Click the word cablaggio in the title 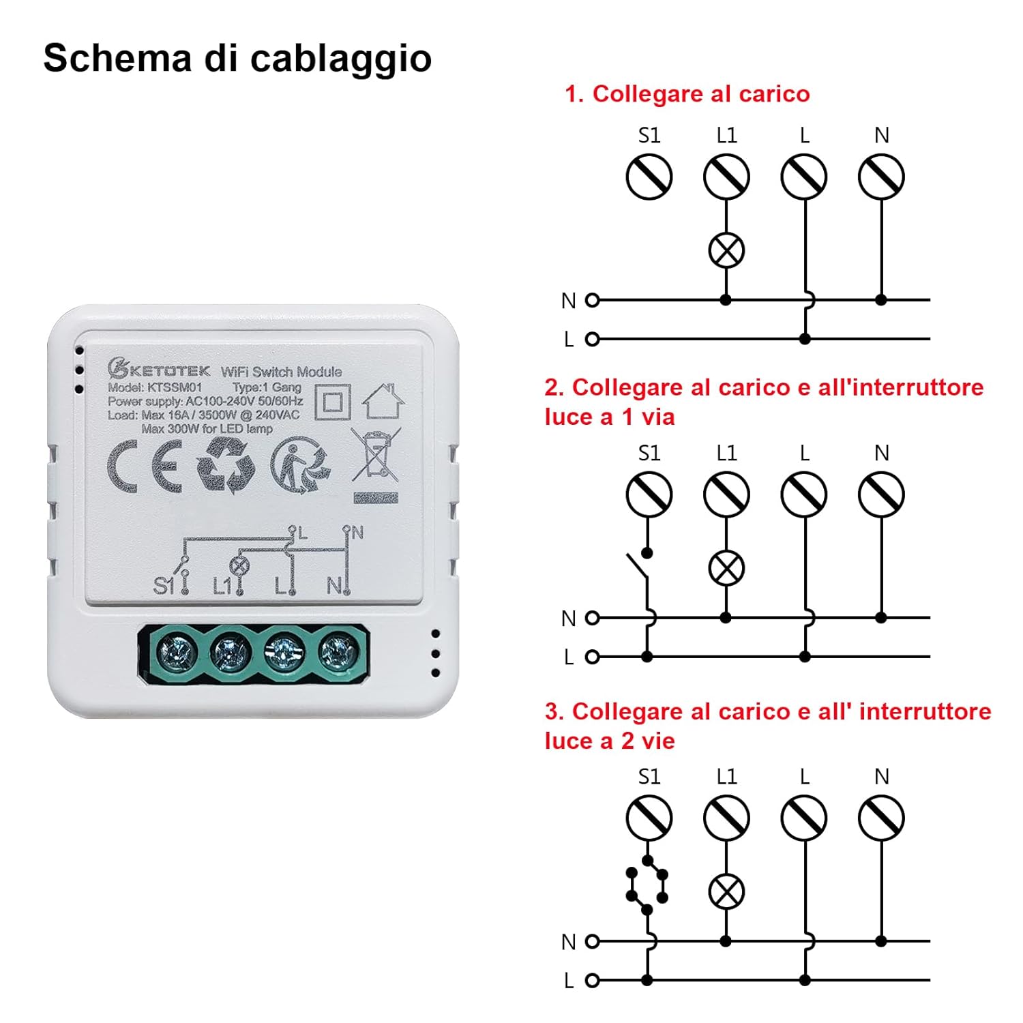pos(340,59)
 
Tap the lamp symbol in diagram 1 pos(726,250)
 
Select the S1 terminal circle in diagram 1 pos(649,177)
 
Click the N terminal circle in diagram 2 pos(881,494)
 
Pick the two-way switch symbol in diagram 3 pos(647,885)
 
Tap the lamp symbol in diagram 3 pos(726,891)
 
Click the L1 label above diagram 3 pos(726,777)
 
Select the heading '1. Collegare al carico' pos(687,94)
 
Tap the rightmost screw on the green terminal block pos(338,653)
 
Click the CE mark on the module pos(145,466)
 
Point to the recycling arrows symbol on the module pos(226,466)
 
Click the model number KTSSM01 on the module pos(175,387)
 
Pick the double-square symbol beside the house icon pos(332,402)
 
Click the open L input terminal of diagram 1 pos(593,339)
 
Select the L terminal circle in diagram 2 pos(804,494)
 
